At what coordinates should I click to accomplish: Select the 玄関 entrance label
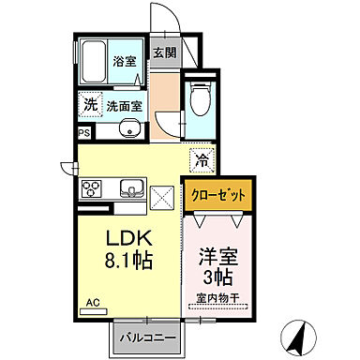(x=164, y=53)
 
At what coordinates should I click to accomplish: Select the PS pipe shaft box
(x=82, y=133)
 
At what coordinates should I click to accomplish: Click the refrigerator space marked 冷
(x=200, y=157)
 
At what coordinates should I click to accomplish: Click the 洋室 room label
(x=217, y=254)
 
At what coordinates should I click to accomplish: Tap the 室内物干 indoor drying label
(x=217, y=299)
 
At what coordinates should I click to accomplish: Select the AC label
(x=93, y=302)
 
